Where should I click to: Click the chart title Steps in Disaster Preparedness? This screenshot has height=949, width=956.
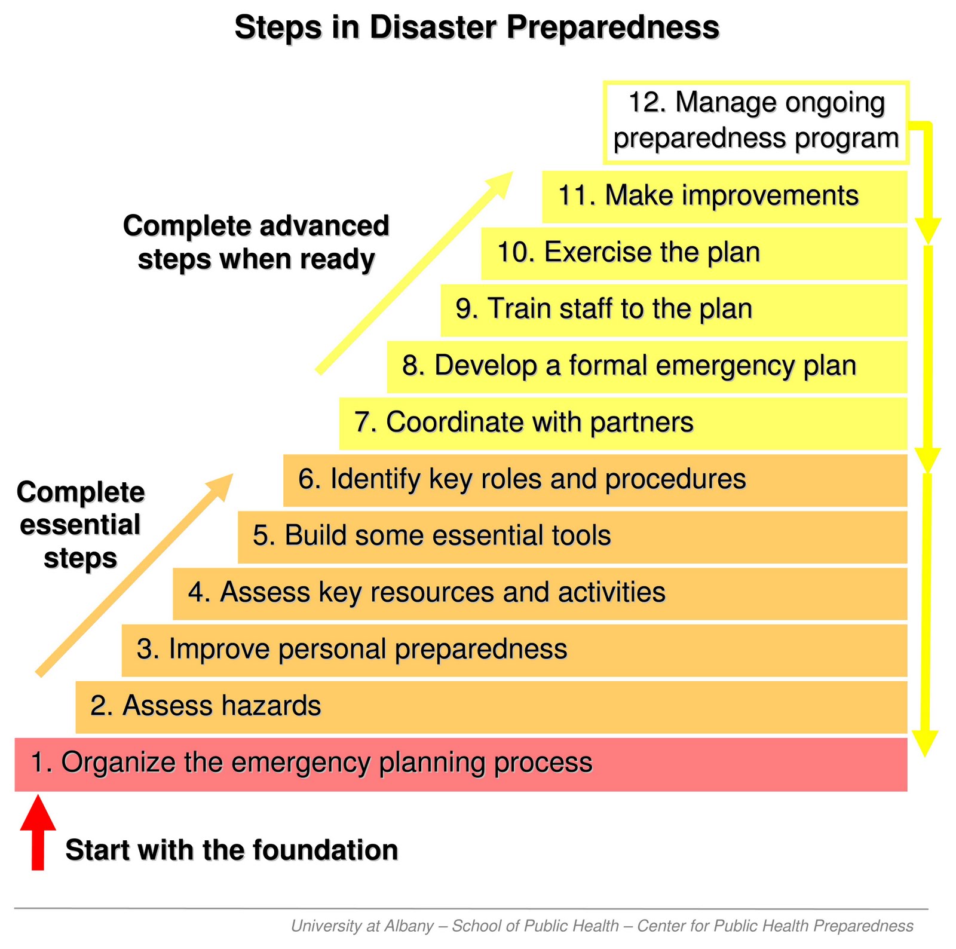476,27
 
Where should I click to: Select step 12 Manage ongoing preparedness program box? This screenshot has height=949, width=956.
755,122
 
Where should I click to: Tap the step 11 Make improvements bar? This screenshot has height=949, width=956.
724,197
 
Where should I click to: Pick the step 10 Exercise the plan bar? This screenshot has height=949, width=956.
693,253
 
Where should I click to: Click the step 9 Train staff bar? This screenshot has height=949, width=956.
673,310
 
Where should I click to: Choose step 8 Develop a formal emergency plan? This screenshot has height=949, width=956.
646,366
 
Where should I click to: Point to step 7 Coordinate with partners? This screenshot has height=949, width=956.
623,423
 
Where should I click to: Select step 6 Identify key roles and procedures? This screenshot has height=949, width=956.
595,480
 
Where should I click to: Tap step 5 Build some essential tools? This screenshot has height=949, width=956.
572,536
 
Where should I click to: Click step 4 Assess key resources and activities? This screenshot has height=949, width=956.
540,593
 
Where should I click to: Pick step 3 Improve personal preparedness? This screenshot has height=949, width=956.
514,650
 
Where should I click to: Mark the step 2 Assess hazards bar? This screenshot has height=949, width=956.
491,706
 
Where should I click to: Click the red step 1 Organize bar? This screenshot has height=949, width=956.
461,764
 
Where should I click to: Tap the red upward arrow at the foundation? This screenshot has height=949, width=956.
38,833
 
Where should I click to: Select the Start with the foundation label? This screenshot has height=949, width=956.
232,850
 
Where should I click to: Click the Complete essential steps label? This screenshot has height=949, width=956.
81,525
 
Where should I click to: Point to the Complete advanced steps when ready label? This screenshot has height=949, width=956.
256,243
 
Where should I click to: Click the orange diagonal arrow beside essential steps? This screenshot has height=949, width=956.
134,574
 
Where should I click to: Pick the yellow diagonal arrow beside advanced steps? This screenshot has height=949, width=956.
415,273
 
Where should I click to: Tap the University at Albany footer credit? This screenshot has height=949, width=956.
602,926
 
